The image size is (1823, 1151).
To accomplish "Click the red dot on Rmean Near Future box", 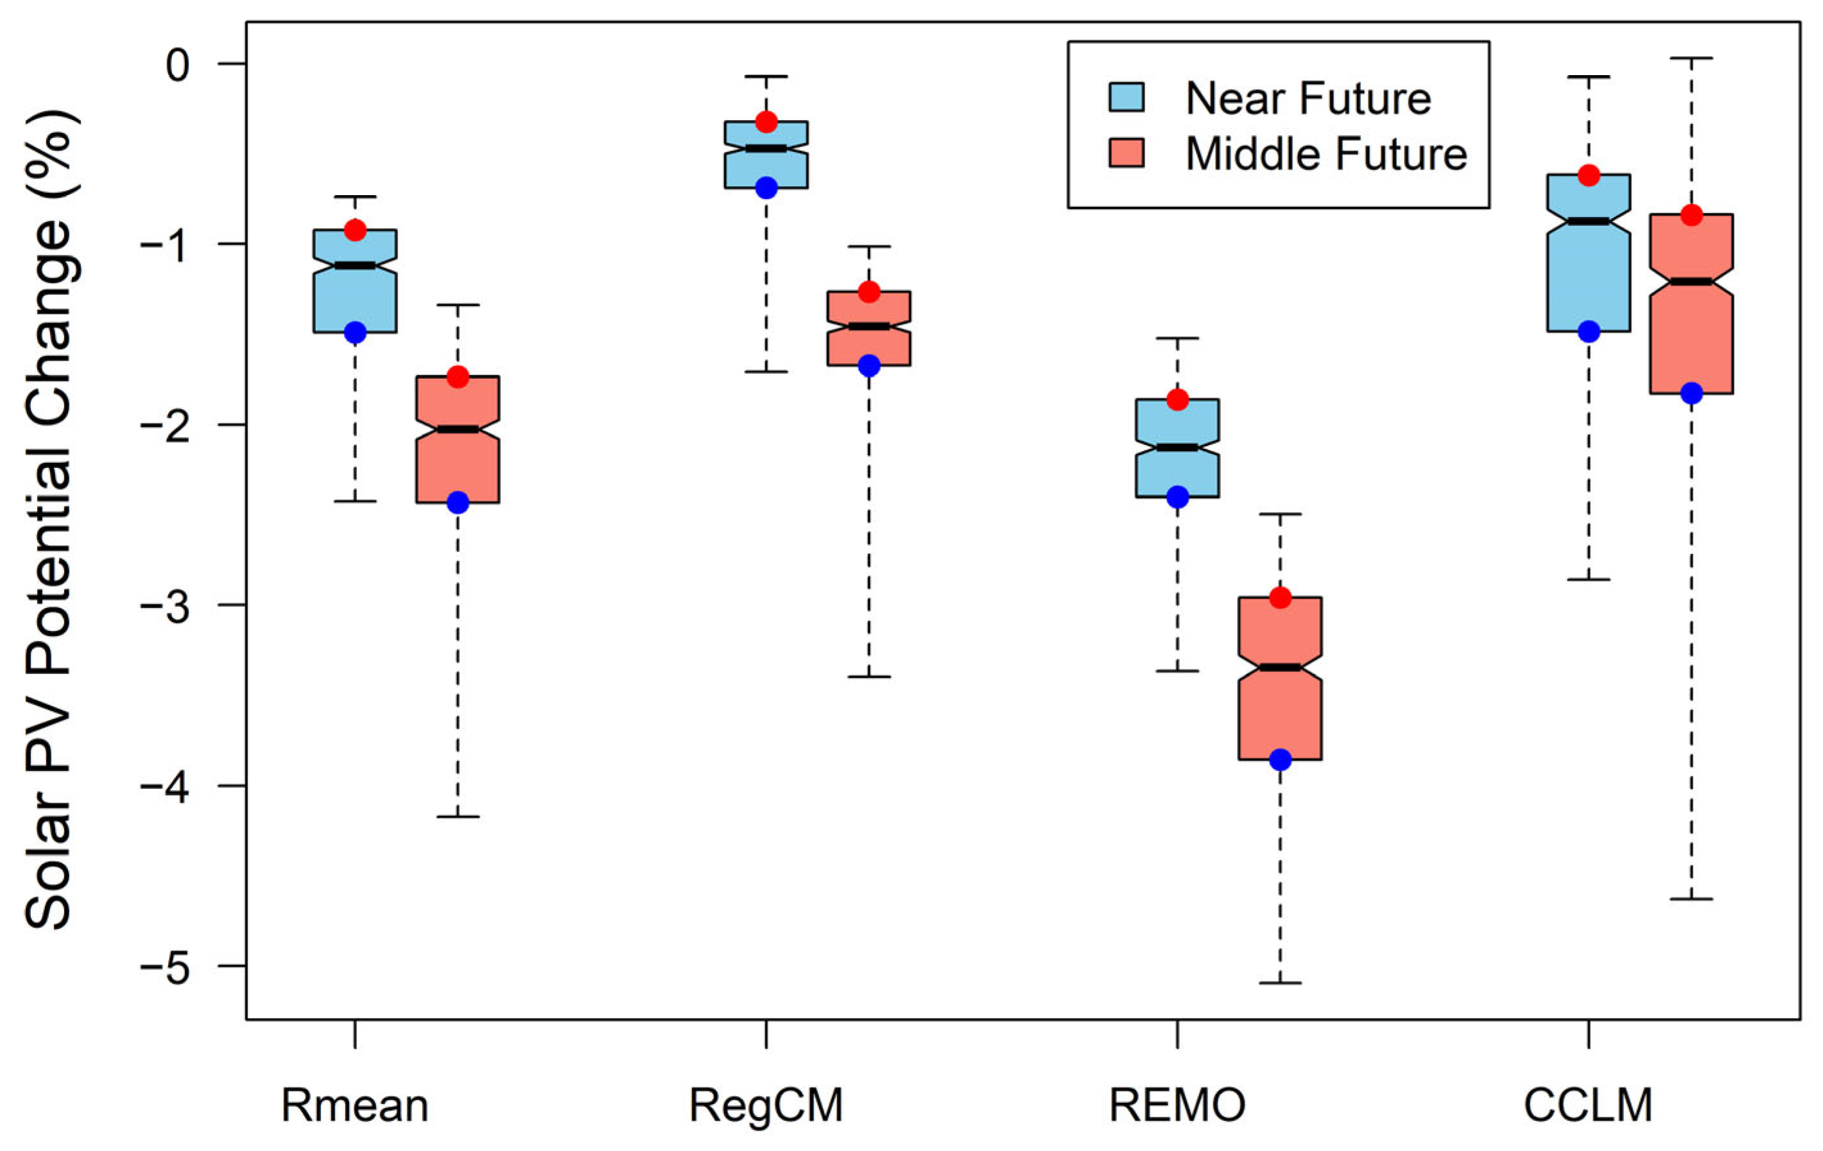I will tap(355, 230).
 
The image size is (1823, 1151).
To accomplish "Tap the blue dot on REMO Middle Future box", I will tap(1280, 759).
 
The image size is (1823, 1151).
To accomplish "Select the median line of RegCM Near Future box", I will tap(766, 148).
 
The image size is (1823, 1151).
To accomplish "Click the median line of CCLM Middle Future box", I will tap(1691, 282).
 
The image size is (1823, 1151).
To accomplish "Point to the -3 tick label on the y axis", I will tap(165, 605).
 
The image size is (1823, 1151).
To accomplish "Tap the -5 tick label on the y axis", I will tap(165, 966).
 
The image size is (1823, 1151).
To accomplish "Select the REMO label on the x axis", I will tap(1177, 1105).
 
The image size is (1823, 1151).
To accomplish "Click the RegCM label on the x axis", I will tap(766, 1105).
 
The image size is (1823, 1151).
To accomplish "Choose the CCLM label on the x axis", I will tap(1587, 1105).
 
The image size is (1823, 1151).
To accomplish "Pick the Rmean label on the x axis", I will tap(355, 1105).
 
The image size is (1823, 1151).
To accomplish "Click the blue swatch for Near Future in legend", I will tap(1127, 98).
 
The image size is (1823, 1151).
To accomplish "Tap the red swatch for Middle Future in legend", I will tap(1127, 153).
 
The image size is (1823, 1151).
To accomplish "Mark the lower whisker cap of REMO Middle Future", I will tap(1280, 983).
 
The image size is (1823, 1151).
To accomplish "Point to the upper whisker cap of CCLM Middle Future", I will tap(1691, 58).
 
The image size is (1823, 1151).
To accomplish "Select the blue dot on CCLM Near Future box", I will tap(1588, 332).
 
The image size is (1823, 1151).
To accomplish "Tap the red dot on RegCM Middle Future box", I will tap(869, 292).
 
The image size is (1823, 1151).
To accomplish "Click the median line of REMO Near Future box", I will tap(1177, 447).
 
